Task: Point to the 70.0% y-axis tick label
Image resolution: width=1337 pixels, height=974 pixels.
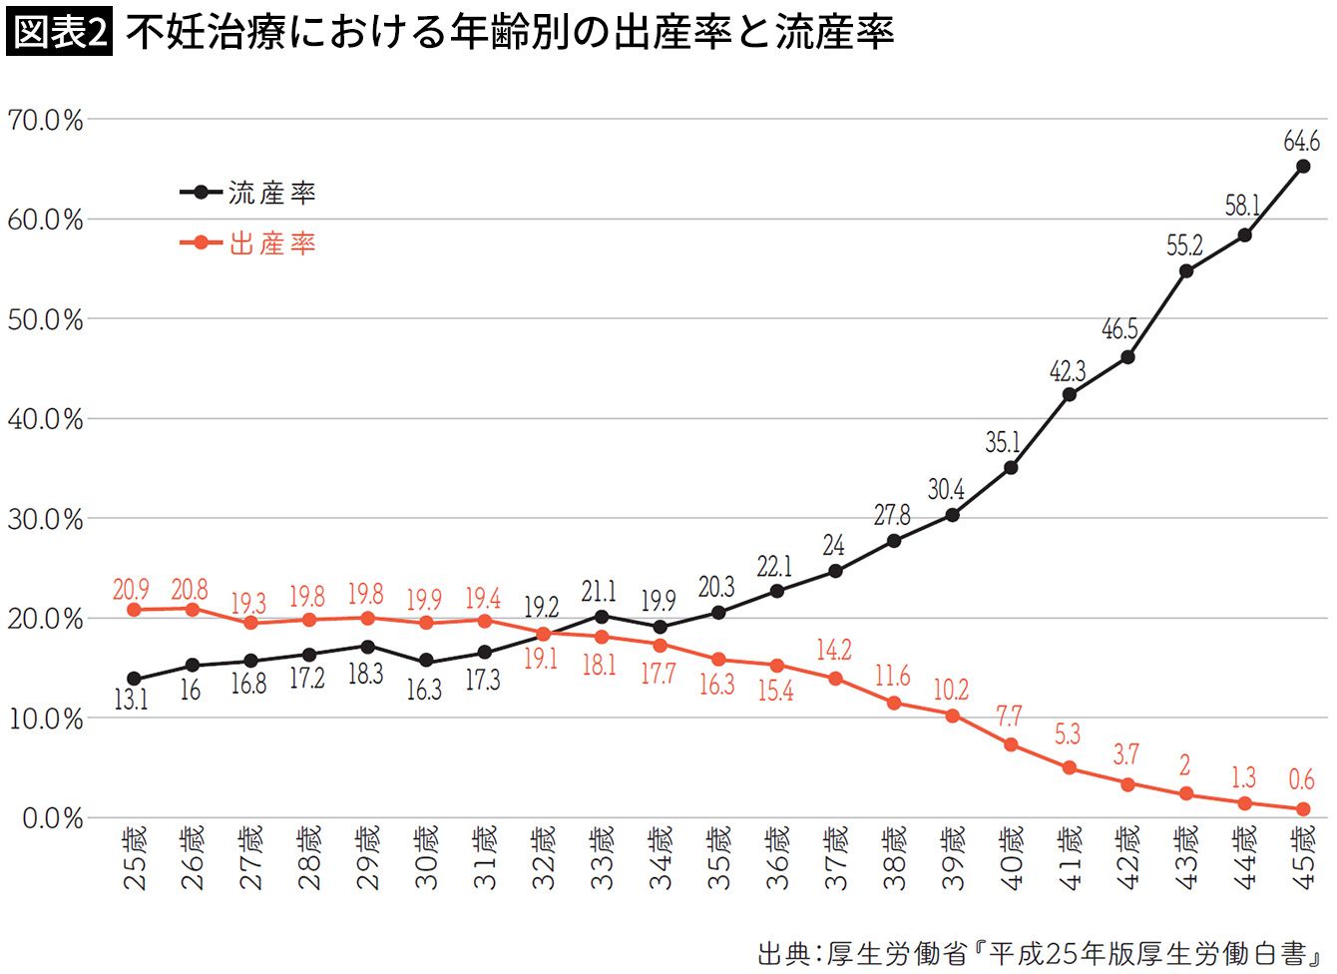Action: [x=45, y=120]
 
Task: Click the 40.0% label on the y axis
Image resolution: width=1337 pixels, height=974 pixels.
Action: [x=45, y=419]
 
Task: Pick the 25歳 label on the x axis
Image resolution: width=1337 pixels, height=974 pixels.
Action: [x=134, y=857]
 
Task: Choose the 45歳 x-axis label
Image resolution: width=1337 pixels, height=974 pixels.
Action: [x=1302, y=857]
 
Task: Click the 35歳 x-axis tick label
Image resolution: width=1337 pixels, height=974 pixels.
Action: [x=718, y=857]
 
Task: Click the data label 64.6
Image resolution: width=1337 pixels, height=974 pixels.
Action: [x=1301, y=141]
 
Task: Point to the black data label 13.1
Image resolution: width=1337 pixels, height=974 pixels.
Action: [x=131, y=700]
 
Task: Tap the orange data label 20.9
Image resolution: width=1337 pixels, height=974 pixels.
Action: [x=131, y=590]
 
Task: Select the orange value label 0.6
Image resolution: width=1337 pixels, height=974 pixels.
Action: [x=1301, y=779]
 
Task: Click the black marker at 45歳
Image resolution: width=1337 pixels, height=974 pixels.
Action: [x=1302, y=167]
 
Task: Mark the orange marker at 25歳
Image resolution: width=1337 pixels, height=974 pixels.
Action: [x=134, y=610]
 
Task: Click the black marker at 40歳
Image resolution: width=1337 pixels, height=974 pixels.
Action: [x=1011, y=467]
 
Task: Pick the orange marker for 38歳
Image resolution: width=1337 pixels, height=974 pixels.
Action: [x=894, y=703]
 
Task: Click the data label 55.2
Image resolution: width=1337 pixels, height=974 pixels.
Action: [x=1184, y=244]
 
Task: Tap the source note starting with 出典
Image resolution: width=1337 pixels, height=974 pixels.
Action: [x=1044, y=953]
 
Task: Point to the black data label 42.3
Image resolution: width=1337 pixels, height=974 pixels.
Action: [x=1068, y=371]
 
